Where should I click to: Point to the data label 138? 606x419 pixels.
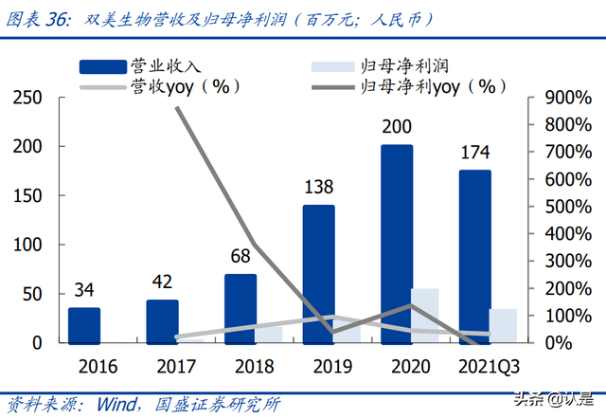coord(318,189)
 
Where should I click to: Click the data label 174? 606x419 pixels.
coord(475,153)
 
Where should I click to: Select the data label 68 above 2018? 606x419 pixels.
coord(241,257)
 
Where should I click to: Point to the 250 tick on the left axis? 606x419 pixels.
coord(28,98)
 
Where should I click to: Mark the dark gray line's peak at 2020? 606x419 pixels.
coord(411,305)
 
